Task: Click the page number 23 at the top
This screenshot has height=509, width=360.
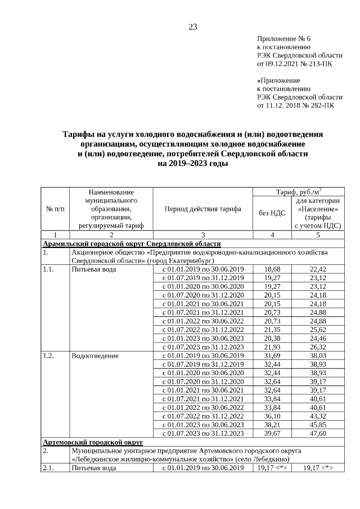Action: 192,27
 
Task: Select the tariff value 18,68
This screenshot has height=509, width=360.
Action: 272,269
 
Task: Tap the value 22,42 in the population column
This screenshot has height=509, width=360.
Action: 318,269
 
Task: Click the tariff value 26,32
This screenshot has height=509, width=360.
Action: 318,346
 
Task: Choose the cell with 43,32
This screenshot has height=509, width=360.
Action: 318,415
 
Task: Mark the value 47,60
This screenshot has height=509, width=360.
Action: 318,433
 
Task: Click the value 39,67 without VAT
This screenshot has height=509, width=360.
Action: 272,433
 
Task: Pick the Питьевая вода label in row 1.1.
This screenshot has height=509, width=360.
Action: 94,269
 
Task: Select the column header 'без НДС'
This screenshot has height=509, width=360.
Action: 272,213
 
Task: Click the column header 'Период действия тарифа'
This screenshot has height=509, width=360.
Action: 202,209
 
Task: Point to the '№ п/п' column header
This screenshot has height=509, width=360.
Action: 55,209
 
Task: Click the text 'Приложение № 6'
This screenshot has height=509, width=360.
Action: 283,39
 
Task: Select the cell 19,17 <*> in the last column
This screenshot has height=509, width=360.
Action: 318,468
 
